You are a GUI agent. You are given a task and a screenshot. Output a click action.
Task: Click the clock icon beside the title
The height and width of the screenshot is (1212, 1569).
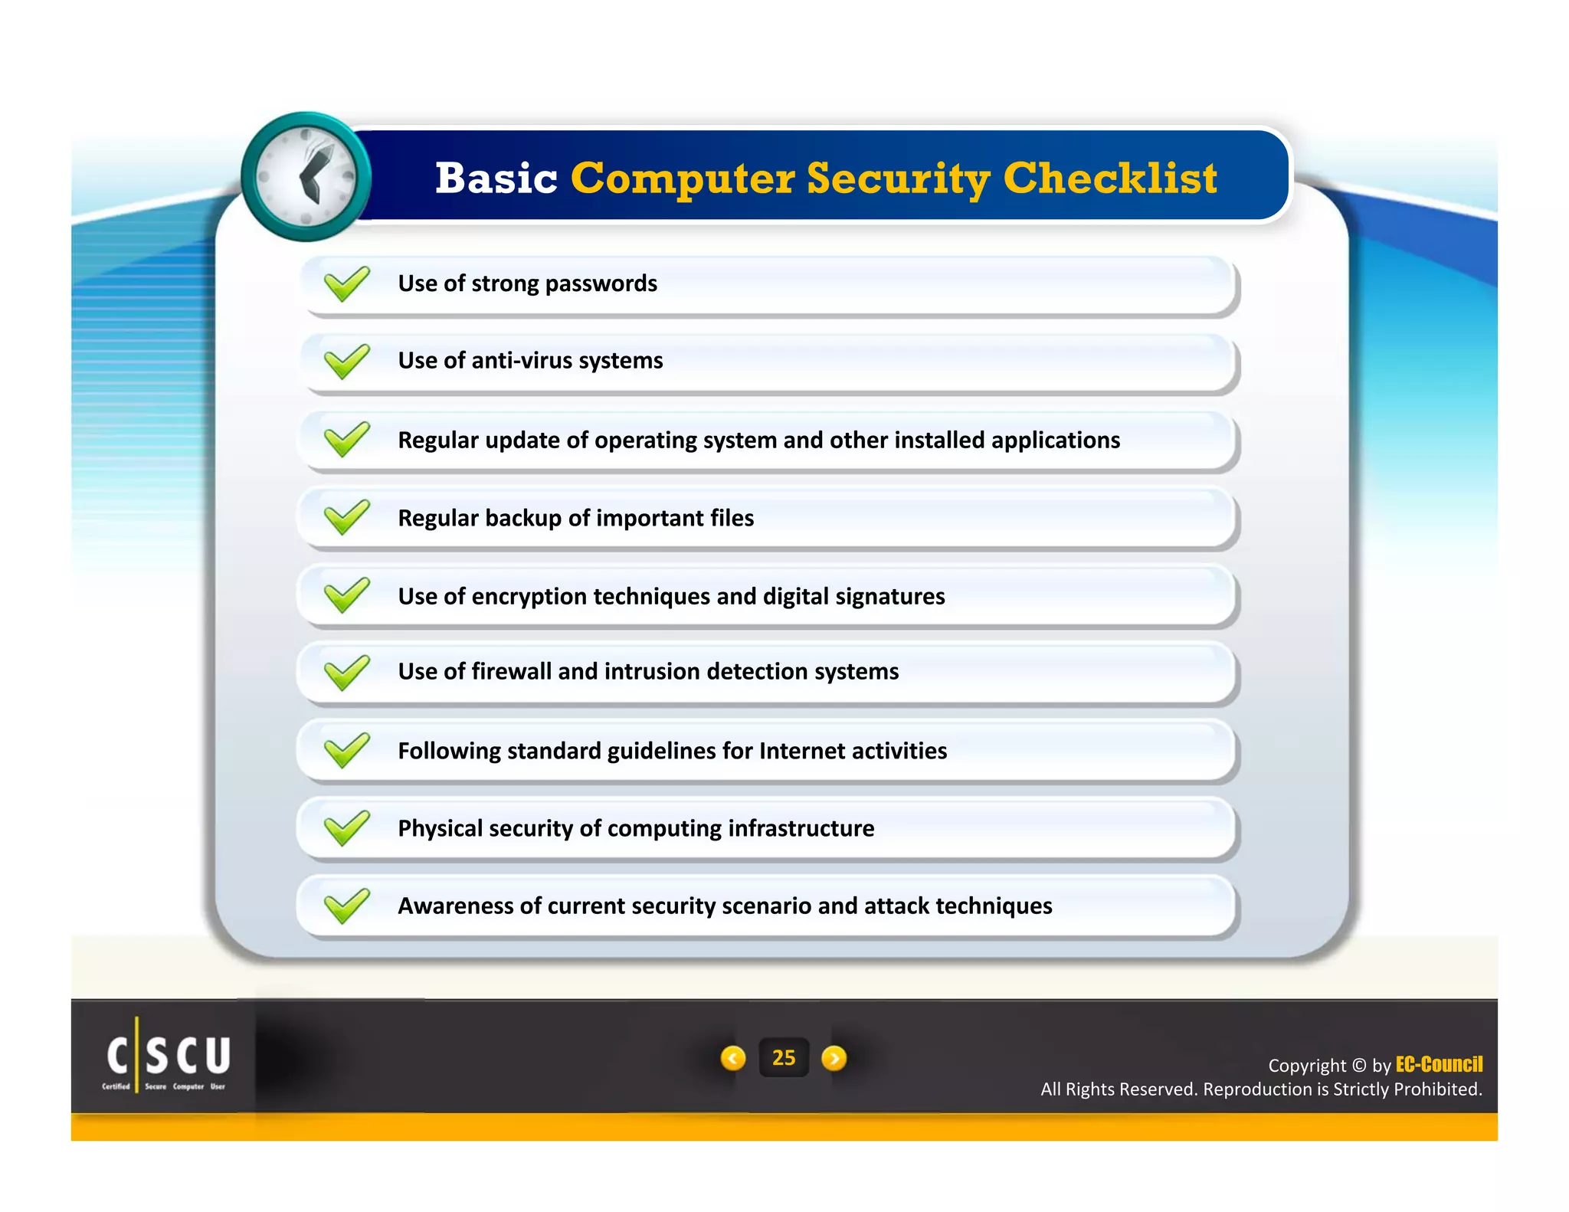pos(306,177)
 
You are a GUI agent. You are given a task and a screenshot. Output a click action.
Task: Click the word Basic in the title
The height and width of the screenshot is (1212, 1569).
pos(496,179)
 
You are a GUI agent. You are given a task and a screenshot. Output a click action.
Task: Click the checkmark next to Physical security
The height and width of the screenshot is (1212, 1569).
pos(346,828)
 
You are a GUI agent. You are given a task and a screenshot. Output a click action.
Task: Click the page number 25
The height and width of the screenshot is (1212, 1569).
pos(783,1058)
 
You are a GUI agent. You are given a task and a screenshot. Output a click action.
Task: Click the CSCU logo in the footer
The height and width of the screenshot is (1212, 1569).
pos(168,1056)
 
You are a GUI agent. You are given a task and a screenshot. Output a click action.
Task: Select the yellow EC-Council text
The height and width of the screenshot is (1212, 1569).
pos(1438,1064)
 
